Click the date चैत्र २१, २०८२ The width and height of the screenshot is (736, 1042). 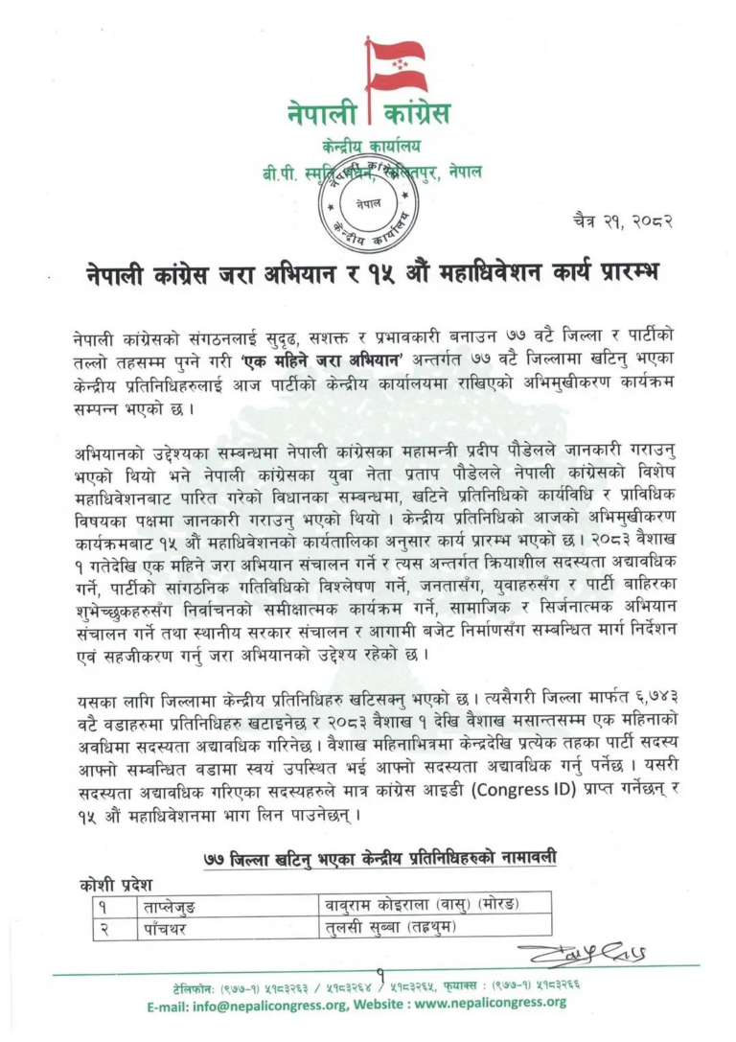point(621,220)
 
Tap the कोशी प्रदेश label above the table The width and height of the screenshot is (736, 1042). point(116,884)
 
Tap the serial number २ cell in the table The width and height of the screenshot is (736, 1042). point(100,927)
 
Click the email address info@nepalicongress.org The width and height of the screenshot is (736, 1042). point(264,1003)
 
